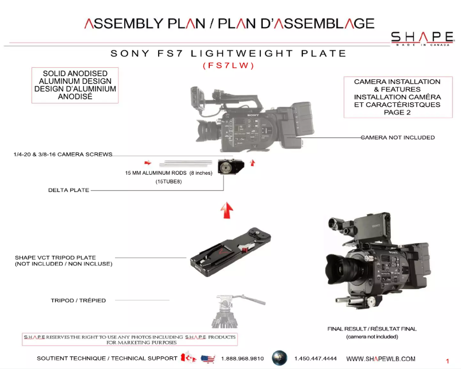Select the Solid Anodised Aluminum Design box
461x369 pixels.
coord(75,86)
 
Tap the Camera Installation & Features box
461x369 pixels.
coord(397,97)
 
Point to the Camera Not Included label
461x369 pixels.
coord(398,138)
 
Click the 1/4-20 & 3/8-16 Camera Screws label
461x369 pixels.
coord(63,155)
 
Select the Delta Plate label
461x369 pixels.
coord(68,190)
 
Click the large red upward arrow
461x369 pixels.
coord(227,211)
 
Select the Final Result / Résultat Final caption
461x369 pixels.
coord(372,329)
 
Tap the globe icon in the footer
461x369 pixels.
coord(279,358)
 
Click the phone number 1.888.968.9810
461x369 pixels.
coord(242,359)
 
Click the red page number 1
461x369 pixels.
coord(447,361)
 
